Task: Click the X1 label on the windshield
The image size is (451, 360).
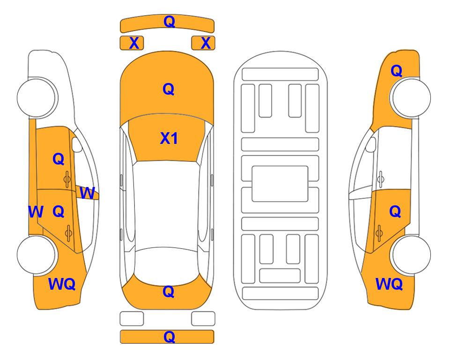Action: [169, 138]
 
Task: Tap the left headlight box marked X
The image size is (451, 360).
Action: [132, 43]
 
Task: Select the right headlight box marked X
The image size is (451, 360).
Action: [203, 43]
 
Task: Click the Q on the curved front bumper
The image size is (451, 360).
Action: [169, 21]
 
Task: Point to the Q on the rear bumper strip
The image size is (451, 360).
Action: [169, 337]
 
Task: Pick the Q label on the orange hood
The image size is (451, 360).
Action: [168, 89]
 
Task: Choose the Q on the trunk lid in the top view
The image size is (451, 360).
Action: [168, 292]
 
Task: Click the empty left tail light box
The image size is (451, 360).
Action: [132, 319]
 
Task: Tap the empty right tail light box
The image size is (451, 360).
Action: [203, 319]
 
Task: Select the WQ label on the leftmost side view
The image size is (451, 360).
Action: [62, 284]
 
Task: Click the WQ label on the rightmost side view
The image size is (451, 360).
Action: [389, 284]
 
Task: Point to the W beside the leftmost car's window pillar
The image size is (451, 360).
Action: [87, 193]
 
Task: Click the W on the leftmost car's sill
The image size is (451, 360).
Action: [36, 212]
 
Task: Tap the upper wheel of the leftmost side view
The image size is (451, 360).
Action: [36, 97]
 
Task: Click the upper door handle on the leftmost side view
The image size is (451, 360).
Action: [67, 179]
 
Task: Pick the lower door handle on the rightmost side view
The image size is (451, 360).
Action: [379, 233]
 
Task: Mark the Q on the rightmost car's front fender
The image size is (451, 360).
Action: [396, 71]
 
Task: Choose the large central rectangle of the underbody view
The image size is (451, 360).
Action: [280, 184]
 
